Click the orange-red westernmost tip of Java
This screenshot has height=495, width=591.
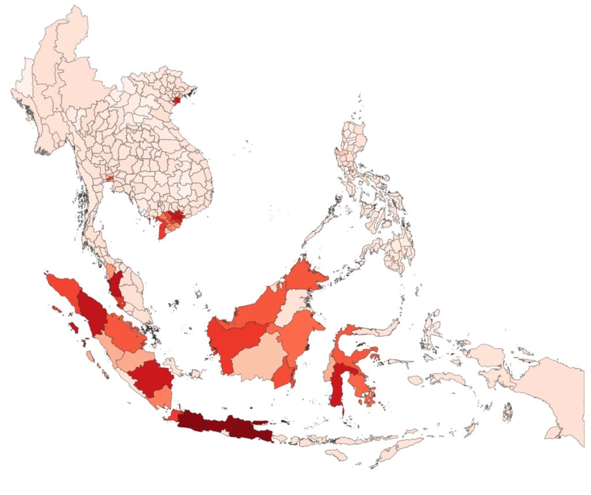tap(172, 415)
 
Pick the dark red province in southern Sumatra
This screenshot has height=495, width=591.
tap(151, 378)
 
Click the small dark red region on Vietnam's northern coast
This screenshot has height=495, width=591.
tap(177, 100)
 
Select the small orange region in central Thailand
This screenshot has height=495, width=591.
tap(110, 179)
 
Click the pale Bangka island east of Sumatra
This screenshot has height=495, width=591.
tap(172, 365)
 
